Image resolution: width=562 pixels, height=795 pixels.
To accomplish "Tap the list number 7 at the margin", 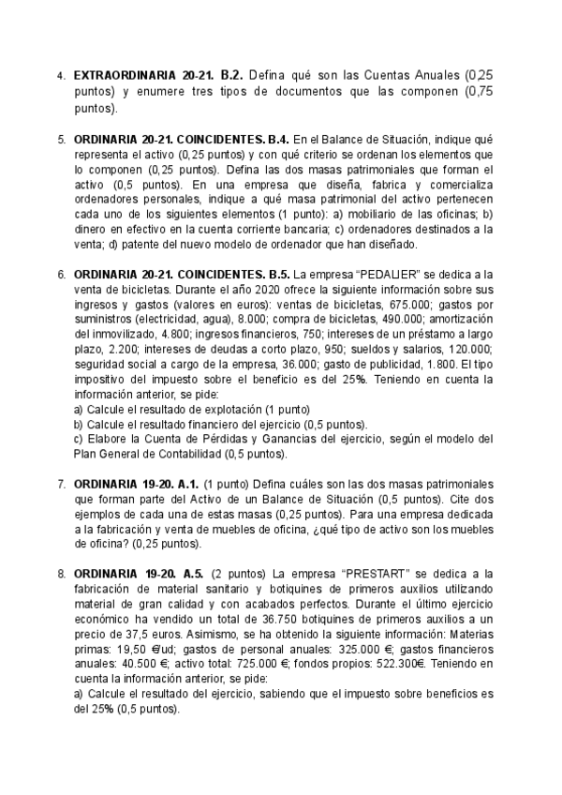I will [61, 484].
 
